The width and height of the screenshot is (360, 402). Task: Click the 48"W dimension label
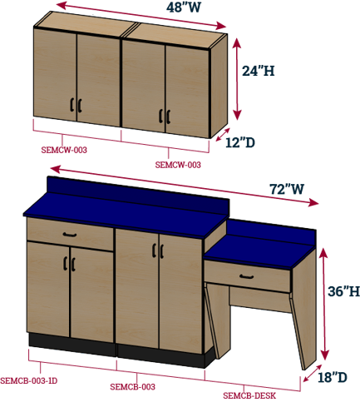point(184,7)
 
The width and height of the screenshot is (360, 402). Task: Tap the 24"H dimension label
point(259,71)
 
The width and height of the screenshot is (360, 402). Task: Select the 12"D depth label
point(240,143)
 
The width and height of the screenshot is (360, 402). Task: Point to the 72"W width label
point(287,189)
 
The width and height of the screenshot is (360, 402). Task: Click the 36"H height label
point(344,291)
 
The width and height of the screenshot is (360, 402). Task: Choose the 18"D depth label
point(333,377)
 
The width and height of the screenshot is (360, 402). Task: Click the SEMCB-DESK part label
point(249,395)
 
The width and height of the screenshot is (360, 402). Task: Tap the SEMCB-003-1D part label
point(29,380)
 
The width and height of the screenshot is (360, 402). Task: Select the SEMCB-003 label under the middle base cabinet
point(132,387)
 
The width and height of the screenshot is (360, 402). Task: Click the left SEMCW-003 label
point(64,150)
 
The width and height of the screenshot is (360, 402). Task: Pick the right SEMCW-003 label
point(178,165)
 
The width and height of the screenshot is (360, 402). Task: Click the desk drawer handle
point(247,276)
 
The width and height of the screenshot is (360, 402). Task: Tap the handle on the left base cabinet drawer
point(70,235)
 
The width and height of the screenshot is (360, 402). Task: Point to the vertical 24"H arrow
point(237,79)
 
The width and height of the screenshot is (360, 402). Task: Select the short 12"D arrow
point(223,134)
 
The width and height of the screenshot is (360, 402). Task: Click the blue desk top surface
point(260,253)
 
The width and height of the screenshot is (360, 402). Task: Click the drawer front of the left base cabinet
point(70,235)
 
